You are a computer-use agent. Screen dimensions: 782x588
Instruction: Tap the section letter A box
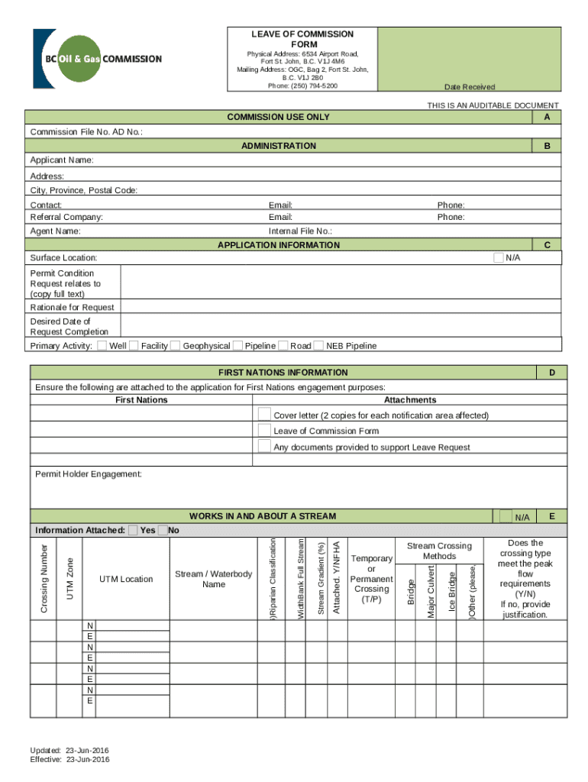click(x=547, y=117)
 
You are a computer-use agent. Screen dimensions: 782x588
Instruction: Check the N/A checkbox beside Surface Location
click(x=499, y=257)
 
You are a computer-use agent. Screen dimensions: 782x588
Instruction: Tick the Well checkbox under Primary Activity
click(x=102, y=345)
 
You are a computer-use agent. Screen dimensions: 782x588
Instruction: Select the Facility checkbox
click(x=134, y=345)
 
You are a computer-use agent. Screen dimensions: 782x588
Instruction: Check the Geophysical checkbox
click(x=176, y=345)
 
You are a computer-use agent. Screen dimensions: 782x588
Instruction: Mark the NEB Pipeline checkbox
click(x=318, y=345)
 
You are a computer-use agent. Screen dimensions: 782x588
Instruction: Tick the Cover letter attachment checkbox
click(x=264, y=414)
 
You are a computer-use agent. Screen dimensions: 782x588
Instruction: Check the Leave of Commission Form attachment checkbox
click(x=264, y=430)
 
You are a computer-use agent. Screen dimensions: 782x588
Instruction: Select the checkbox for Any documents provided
click(x=264, y=446)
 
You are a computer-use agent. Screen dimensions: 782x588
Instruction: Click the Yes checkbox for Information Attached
click(x=134, y=530)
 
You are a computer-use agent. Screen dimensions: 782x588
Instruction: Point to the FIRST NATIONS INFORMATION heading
click(x=283, y=373)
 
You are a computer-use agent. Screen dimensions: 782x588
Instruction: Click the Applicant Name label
click(x=62, y=160)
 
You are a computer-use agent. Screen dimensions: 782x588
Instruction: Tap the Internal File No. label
click(x=300, y=231)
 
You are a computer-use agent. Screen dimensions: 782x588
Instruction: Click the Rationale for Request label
click(x=72, y=307)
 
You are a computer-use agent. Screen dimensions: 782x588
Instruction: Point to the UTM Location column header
click(x=126, y=579)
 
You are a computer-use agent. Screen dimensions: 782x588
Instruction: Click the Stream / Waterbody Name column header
click(x=213, y=579)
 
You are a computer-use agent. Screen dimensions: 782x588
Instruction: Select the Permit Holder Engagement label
click(x=89, y=474)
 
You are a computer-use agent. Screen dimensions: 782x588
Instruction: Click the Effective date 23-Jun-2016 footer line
click(x=69, y=760)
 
